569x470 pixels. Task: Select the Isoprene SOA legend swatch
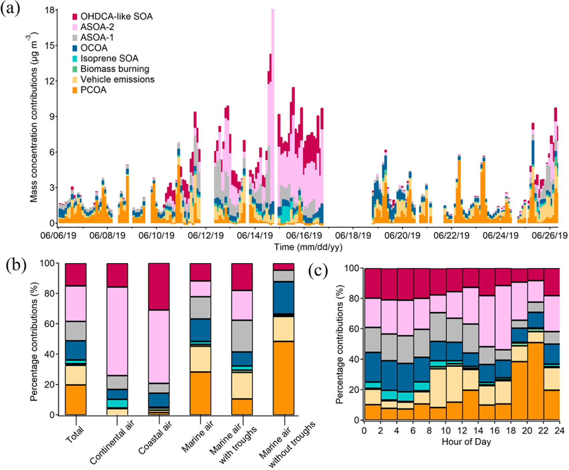(x=75, y=59)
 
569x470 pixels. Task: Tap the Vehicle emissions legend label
(x=117, y=80)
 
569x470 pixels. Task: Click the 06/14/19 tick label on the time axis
(x=255, y=236)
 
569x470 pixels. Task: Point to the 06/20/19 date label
(x=402, y=236)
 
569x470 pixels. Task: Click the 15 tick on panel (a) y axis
(x=49, y=45)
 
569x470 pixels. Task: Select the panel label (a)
(x=10, y=8)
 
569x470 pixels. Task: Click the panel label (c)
(x=318, y=271)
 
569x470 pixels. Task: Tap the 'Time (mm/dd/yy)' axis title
(x=308, y=247)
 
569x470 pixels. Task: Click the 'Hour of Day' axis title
(x=466, y=442)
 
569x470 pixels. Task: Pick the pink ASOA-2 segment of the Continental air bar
(x=117, y=331)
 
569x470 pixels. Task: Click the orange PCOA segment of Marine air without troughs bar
(x=284, y=378)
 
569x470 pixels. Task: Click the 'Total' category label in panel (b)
(x=75, y=434)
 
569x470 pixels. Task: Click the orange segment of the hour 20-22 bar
(x=535, y=381)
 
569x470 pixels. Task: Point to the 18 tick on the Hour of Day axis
(x=511, y=431)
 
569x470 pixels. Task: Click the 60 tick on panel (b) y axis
(x=49, y=324)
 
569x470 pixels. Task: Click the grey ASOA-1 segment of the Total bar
(x=76, y=331)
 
